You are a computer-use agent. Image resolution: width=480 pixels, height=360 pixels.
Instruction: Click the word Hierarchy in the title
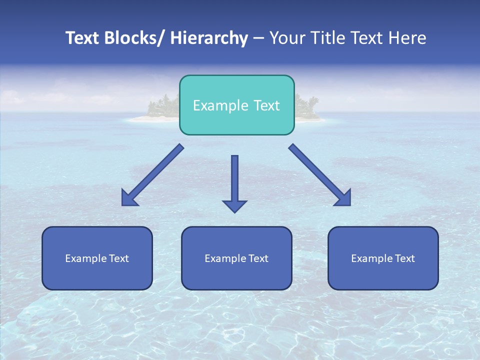[x=209, y=38]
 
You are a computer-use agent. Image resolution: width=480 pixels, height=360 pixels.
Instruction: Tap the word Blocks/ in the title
[x=134, y=38]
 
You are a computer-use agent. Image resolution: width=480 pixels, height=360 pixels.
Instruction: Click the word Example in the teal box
[x=220, y=105]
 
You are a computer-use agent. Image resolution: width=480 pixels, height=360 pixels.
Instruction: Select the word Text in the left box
[x=119, y=258]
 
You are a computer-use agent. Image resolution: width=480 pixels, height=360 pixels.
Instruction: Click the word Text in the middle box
[x=258, y=258]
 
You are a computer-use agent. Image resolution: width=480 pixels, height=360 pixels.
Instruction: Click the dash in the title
[x=258, y=38]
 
